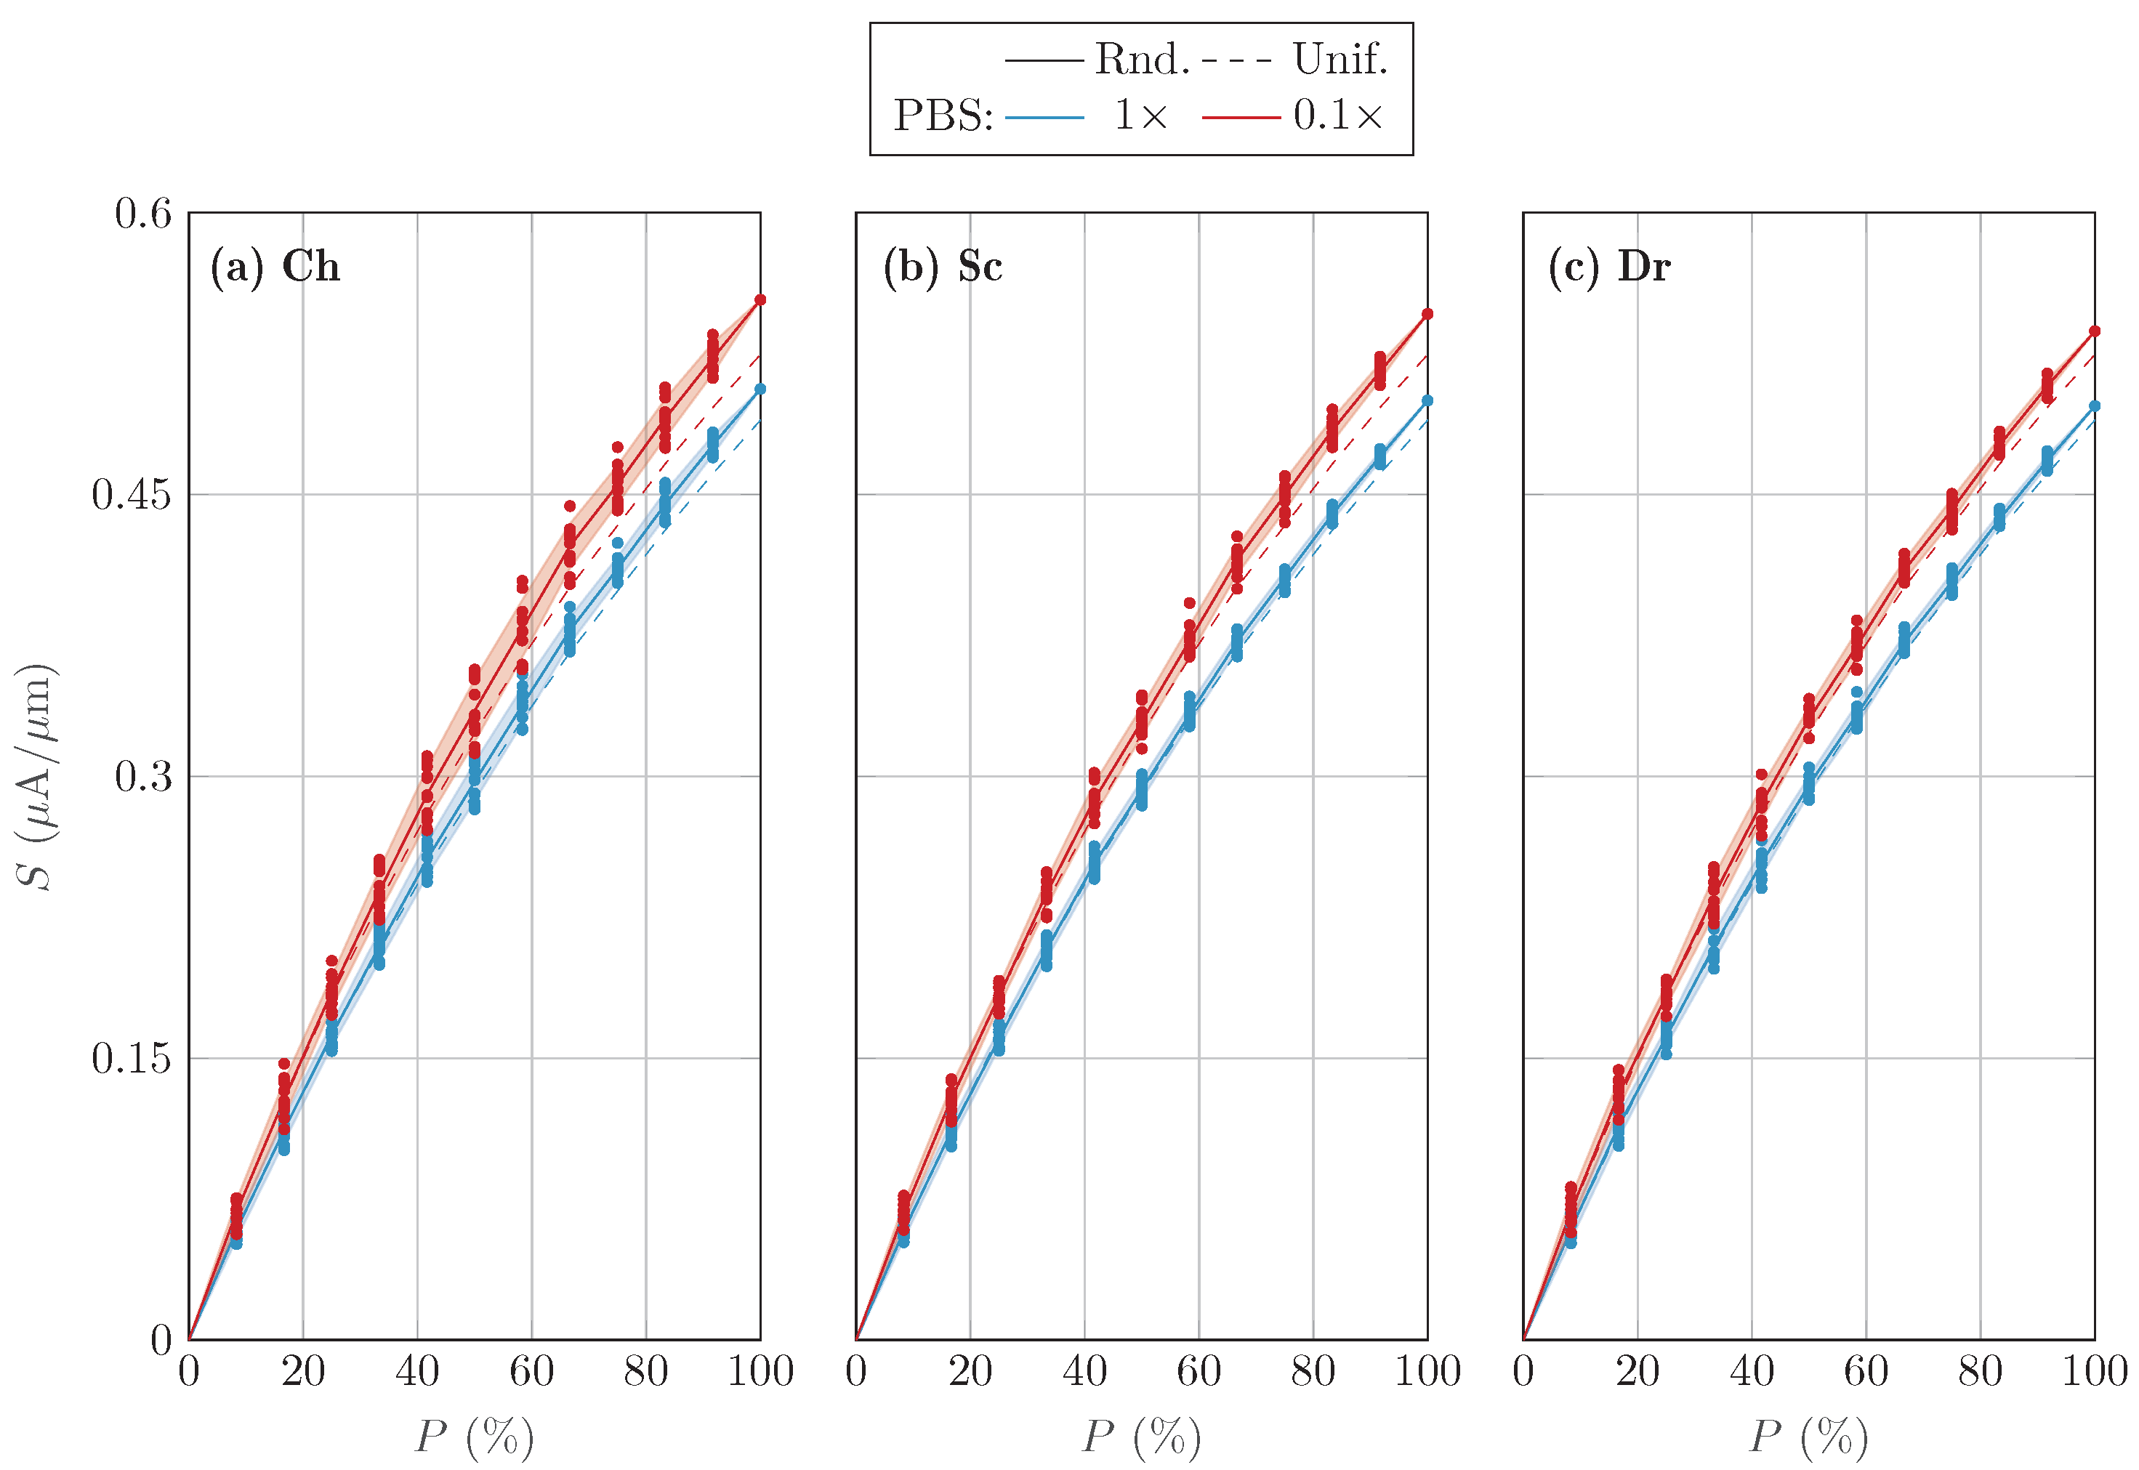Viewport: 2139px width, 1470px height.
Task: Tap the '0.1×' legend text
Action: coord(1337,116)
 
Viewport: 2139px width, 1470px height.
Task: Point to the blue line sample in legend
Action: coord(1044,118)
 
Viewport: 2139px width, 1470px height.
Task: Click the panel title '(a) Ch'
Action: coord(275,267)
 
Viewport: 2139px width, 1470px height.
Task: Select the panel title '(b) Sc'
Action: coord(943,267)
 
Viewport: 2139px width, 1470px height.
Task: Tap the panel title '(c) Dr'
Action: coord(1608,267)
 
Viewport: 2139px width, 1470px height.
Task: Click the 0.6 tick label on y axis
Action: coord(142,214)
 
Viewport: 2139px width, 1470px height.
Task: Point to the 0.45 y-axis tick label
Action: coord(131,496)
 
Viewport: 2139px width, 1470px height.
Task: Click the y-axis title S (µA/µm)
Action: coord(37,777)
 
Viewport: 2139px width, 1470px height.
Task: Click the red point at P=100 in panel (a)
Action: coord(760,300)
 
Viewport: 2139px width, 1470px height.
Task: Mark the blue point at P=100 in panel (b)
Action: coord(1427,400)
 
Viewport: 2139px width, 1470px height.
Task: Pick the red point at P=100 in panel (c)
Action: coord(2094,331)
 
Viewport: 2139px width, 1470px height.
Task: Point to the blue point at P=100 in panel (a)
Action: coord(760,389)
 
